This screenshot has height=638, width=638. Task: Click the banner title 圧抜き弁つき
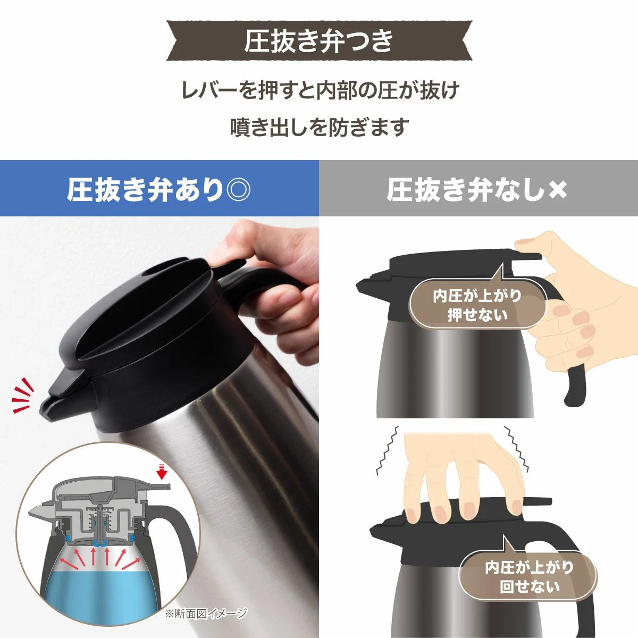tap(318, 41)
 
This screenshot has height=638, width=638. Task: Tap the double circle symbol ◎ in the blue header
tap(238, 190)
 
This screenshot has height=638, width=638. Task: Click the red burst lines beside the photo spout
tap(22, 396)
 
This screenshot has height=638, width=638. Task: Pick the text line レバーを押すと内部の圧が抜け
tap(321, 90)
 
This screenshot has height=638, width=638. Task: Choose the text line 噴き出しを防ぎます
tap(319, 127)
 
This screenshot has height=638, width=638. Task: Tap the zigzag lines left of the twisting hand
tap(387, 451)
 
